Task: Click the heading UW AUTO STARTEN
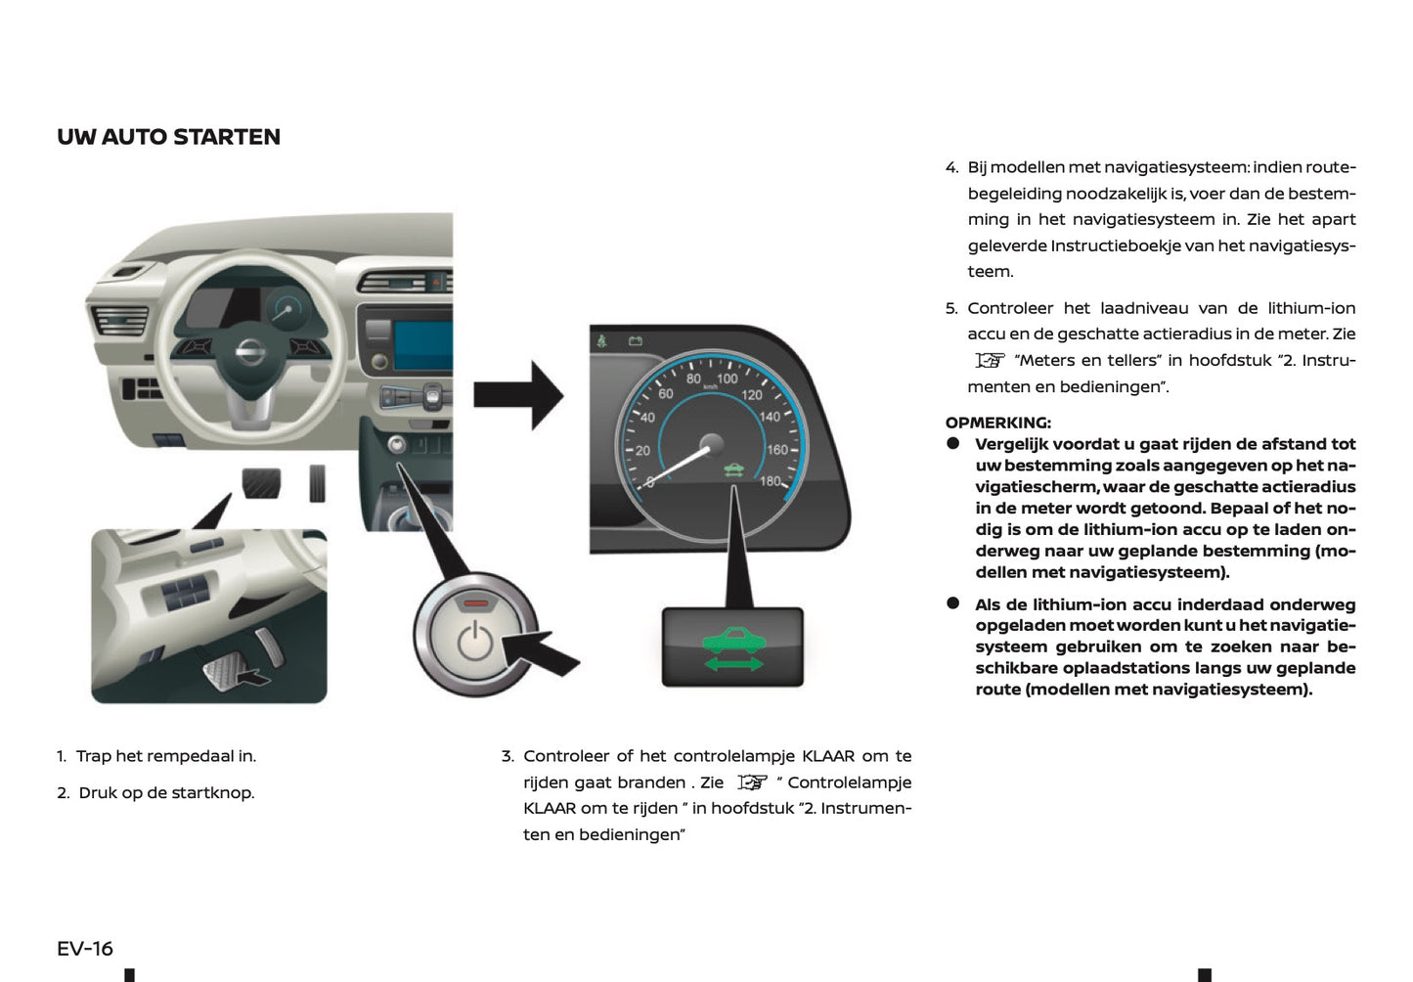click(168, 137)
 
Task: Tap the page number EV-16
click(85, 949)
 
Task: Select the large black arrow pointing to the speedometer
click(517, 395)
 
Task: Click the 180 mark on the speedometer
click(771, 481)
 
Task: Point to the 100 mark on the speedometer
click(727, 379)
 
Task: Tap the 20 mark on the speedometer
click(642, 451)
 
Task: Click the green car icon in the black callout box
click(732, 642)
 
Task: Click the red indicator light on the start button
click(475, 603)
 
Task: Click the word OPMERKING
click(997, 423)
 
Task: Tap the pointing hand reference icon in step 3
click(752, 782)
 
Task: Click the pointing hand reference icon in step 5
click(990, 361)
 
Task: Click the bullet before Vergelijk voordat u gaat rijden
click(953, 444)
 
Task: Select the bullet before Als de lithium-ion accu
click(953, 603)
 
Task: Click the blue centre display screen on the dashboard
click(422, 345)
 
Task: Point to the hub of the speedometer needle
click(711, 445)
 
